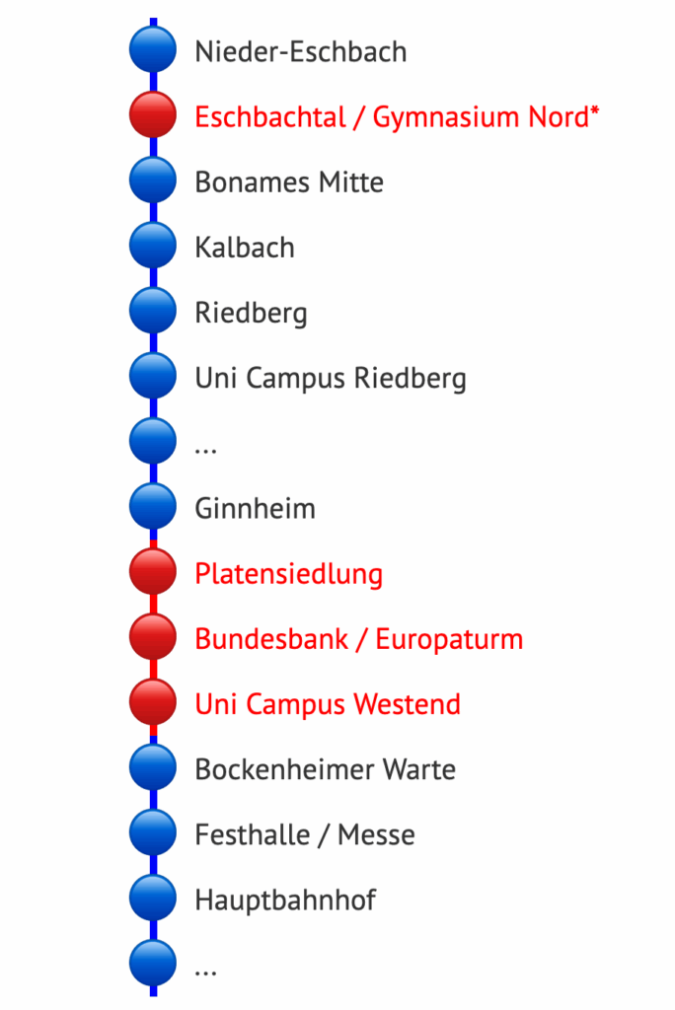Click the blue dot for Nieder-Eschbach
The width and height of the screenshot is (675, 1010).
coord(153,51)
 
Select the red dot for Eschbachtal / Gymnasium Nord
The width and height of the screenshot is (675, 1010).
coord(153,116)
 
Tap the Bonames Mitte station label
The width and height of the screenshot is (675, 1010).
coord(289,182)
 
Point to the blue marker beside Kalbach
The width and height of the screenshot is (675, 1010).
coord(153,247)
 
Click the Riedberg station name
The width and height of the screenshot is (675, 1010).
coord(251,314)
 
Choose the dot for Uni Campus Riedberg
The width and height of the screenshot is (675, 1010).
coord(153,377)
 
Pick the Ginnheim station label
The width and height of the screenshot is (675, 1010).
coord(255,509)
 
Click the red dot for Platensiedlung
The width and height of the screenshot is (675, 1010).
coord(153,573)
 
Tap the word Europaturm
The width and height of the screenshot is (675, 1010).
coord(450,639)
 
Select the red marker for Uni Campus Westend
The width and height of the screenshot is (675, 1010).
coord(153,703)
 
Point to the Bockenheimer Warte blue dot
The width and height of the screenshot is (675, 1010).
coord(153,768)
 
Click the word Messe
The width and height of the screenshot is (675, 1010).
coord(376,834)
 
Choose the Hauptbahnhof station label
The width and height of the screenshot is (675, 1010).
coord(285,900)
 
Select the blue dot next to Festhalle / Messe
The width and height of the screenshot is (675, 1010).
coord(153,833)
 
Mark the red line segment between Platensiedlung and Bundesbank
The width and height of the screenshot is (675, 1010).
coord(153,606)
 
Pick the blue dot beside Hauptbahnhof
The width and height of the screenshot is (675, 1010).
coord(153,899)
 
